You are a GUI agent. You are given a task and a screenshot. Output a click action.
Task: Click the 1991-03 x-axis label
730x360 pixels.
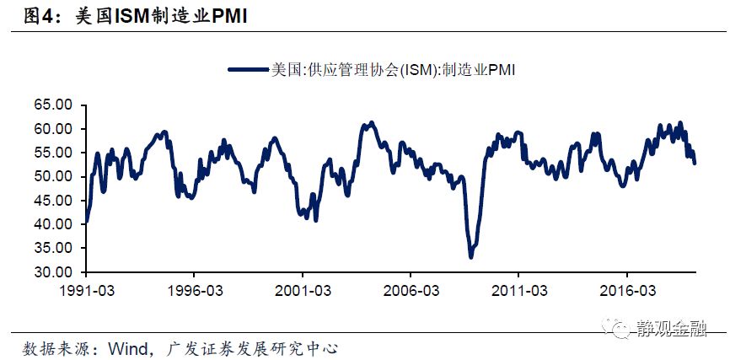click(x=85, y=291)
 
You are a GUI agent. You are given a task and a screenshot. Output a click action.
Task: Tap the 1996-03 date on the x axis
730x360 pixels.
click(x=193, y=291)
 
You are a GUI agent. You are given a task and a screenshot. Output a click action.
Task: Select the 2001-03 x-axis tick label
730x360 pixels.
click(x=302, y=291)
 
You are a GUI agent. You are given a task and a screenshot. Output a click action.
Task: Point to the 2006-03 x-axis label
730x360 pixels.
click(x=410, y=291)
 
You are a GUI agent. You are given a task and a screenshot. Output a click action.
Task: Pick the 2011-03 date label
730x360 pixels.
click(x=518, y=291)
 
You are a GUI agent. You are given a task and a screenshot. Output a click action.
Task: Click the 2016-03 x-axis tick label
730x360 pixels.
click(x=625, y=291)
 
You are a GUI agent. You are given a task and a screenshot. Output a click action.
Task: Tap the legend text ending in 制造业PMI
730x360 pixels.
click(x=392, y=70)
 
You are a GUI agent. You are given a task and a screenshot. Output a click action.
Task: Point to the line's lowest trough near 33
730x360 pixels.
click(x=470, y=256)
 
